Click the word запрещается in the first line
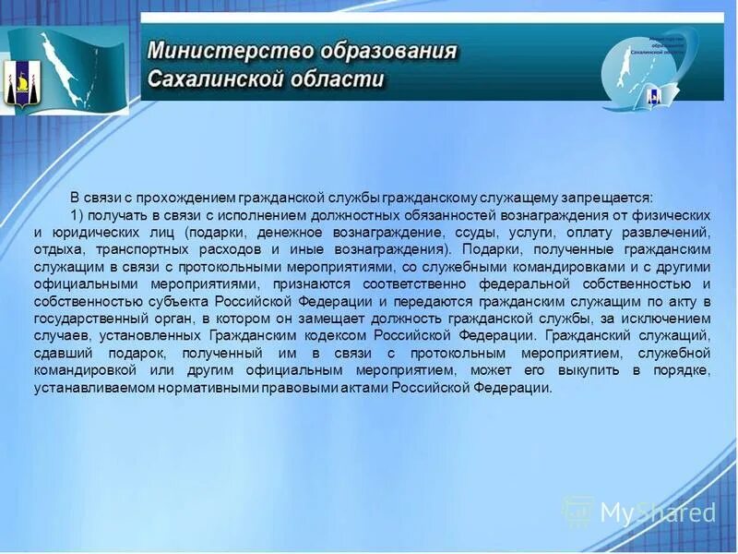[x=605, y=197]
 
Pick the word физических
[x=674, y=214]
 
